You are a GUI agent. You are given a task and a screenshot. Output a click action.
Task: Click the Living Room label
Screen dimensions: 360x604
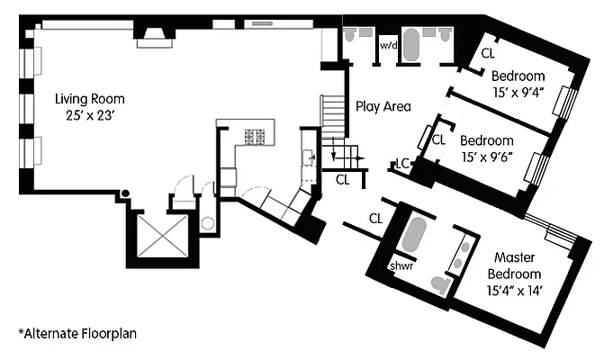(89, 99)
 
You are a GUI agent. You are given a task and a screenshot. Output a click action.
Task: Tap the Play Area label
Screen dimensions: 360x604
(383, 106)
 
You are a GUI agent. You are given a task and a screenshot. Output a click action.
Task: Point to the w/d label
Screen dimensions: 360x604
(389, 45)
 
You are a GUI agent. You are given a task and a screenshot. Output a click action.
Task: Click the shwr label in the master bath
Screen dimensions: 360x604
(401, 266)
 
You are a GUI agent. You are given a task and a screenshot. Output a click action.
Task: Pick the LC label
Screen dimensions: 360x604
(404, 164)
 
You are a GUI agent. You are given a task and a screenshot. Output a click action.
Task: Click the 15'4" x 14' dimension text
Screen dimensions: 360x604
(515, 290)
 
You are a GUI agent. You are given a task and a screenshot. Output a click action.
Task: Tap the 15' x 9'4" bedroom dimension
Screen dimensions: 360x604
(518, 92)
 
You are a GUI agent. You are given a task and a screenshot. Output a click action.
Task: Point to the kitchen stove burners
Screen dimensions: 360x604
(256, 138)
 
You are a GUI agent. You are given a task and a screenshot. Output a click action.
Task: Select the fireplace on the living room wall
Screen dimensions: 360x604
(154, 35)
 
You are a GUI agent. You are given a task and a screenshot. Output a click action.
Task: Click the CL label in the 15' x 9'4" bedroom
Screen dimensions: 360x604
(488, 53)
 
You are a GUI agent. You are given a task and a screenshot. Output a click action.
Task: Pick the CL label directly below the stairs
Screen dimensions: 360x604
(343, 179)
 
